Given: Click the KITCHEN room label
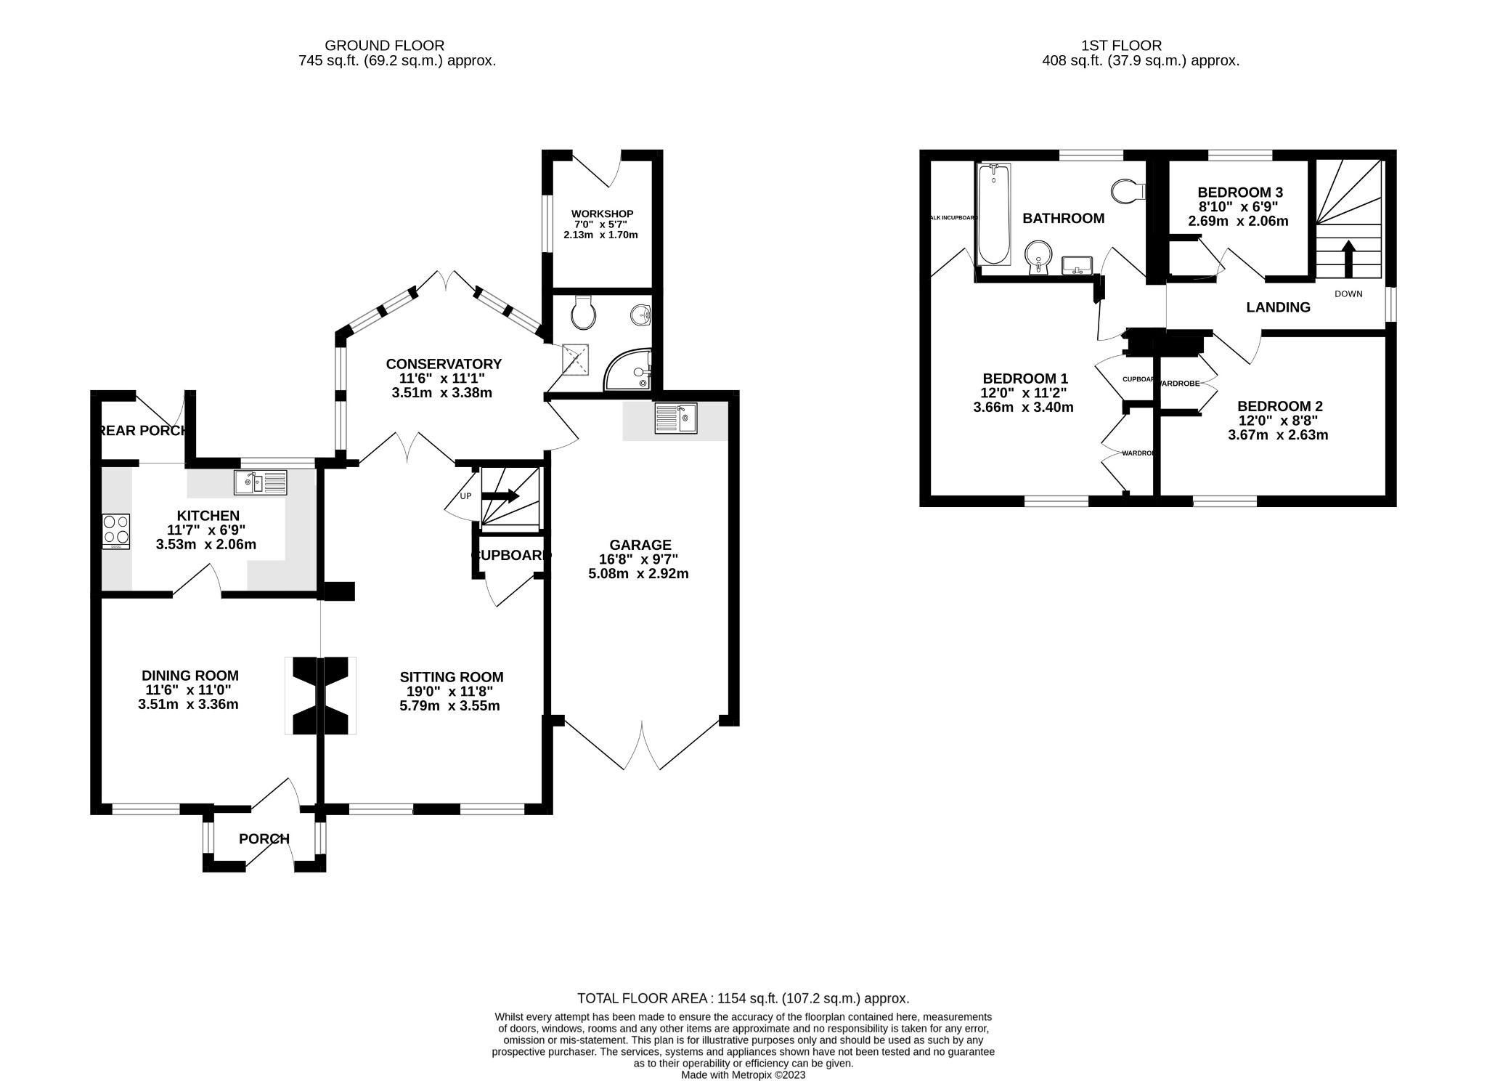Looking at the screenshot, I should (x=208, y=516).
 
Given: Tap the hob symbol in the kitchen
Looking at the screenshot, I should (x=116, y=531).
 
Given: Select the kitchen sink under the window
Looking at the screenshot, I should (x=261, y=482).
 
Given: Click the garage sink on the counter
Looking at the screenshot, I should (x=675, y=418).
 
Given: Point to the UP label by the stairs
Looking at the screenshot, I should (x=465, y=496).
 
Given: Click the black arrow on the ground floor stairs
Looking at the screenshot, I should (x=501, y=496).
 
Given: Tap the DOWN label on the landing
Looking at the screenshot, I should (x=1348, y=293).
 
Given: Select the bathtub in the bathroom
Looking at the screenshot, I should (x=993, y=214).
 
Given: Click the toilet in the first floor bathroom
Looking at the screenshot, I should (x=1128, y=191).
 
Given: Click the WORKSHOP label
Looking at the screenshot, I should (x=602, y=214).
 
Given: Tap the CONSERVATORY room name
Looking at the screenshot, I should (x=444, y=364).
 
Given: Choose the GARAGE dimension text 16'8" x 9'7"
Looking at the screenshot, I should (x=638, y=559).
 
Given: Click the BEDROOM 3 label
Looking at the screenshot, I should (x=1240, y=193).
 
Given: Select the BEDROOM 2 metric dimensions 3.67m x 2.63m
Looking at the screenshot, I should (x=1278, y=435).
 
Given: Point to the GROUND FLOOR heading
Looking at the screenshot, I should (x=385, y=46).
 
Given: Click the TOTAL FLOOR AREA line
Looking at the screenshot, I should (x=743, y=998).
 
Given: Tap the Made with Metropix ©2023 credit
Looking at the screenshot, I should (x=743, y=1074).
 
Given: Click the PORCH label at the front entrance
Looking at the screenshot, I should (x=264, y=839).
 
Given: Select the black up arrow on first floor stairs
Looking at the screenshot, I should (x=1348, y=258).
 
